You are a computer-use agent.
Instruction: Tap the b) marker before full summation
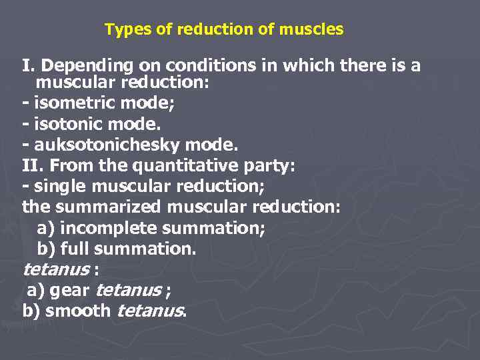pos(46,249)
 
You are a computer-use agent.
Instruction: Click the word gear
pos(71,291)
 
